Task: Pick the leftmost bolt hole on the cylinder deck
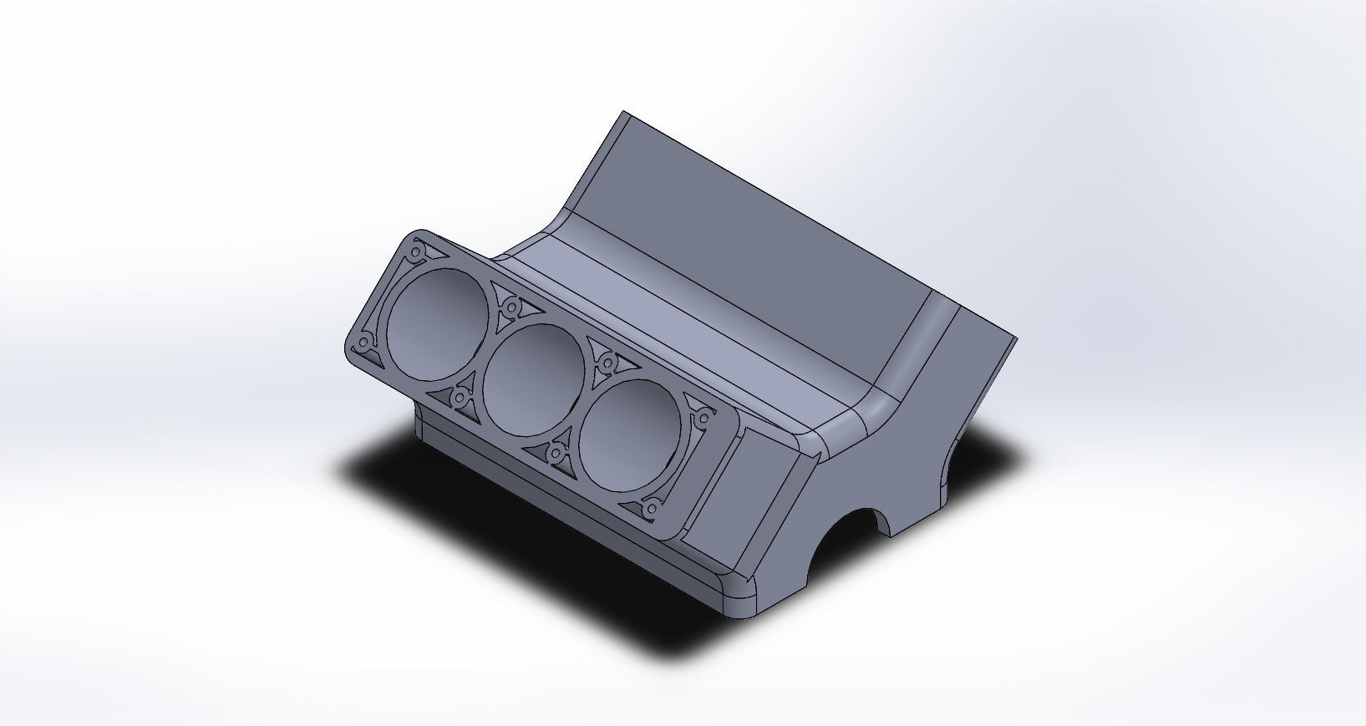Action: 365,343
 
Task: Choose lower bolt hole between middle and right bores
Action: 556,453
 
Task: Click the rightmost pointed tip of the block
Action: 1017,339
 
